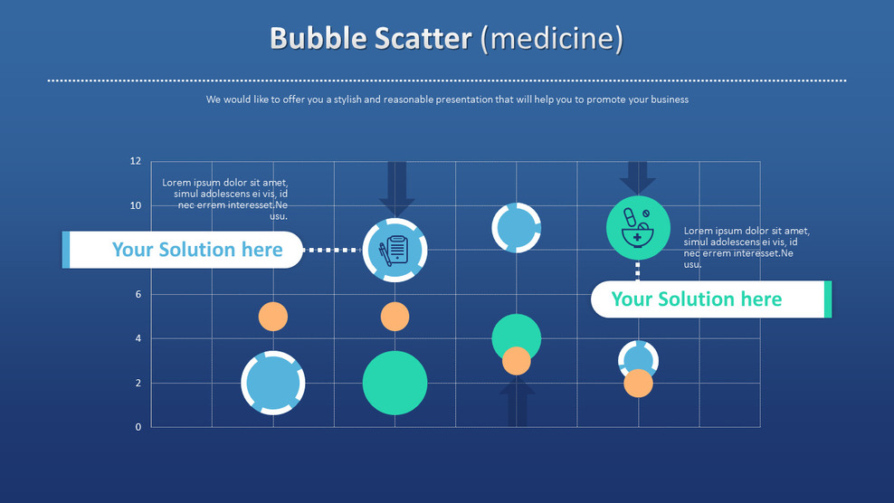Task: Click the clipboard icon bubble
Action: click(395, 250)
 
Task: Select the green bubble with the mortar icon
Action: click(638, 227)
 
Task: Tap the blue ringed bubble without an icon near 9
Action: click(517, 227)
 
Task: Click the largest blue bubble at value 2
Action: click(273, 383)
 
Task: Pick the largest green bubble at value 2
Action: click(395, 383)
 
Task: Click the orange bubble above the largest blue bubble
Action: click(273, 317)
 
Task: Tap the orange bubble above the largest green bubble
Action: click(395, 317)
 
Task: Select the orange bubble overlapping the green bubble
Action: click(517, 361)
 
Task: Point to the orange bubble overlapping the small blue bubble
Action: click(638, 384)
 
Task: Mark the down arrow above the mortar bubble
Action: click(638, 176)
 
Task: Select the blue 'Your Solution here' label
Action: click(197, 250)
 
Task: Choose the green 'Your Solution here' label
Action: click(697, 299)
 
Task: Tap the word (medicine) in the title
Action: click(551, 39)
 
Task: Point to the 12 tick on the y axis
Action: click(136, 161)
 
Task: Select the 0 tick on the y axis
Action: click(138, 427)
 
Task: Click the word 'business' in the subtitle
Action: click(668, 100)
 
